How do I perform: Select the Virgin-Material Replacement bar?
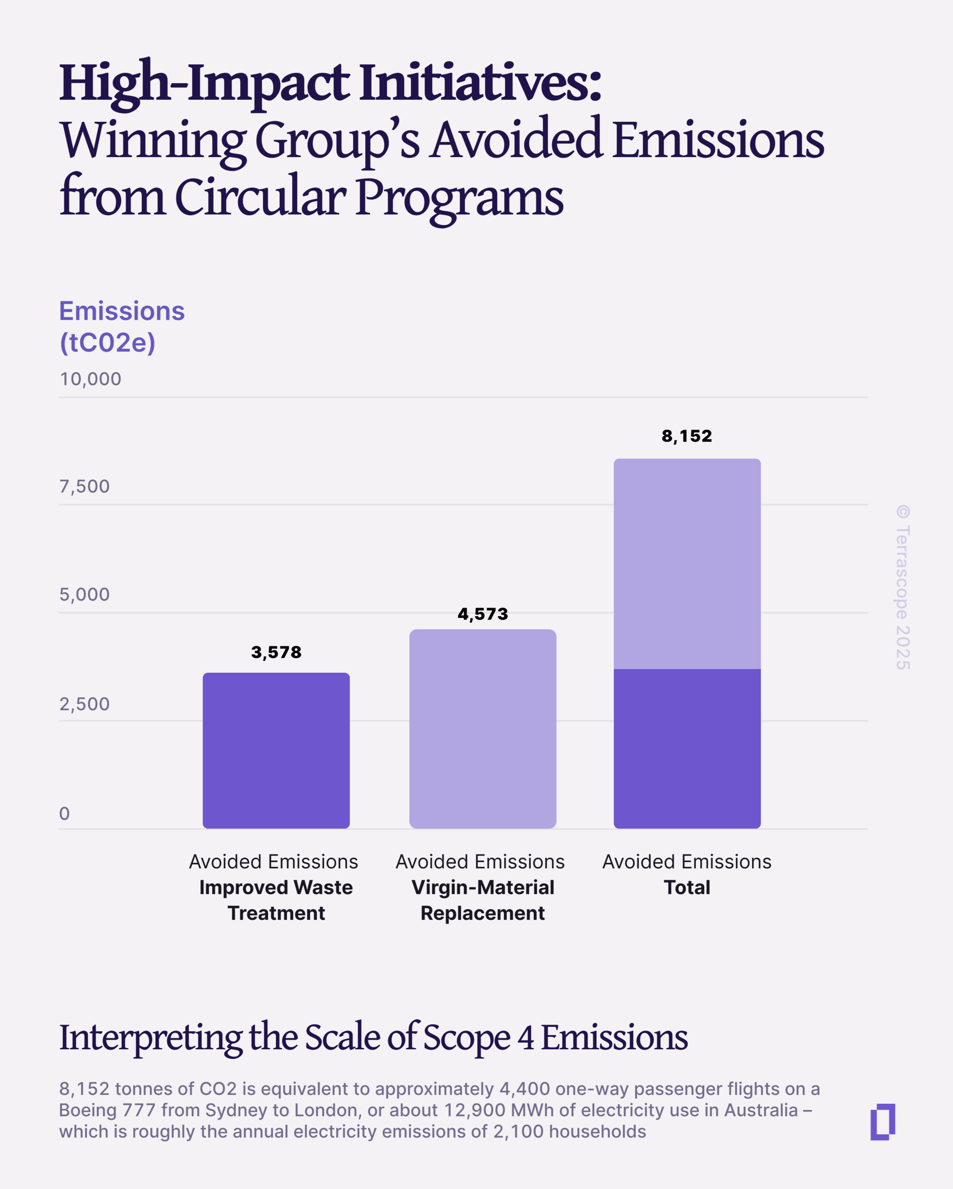[x=482, y=729]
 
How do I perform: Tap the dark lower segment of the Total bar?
[x=687, y=748]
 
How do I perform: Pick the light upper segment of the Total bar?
[x=687, y=564]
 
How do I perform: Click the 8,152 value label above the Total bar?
[x=687, y=436]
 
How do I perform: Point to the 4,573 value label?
[x=482, y=614]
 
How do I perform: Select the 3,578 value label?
[x=276, y=652]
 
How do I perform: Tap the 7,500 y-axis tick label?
[x=84, y=487]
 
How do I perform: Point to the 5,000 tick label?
[x=84, y=594]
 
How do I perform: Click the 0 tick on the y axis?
[x=64, y=814]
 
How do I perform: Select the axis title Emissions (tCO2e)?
[x=121, y=327]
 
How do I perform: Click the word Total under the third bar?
[x=687, y=887]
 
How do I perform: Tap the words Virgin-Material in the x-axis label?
[x=482, y=887]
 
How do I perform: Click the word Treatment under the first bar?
[x=276, y=913]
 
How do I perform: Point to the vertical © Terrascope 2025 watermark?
[x=902, y=587]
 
